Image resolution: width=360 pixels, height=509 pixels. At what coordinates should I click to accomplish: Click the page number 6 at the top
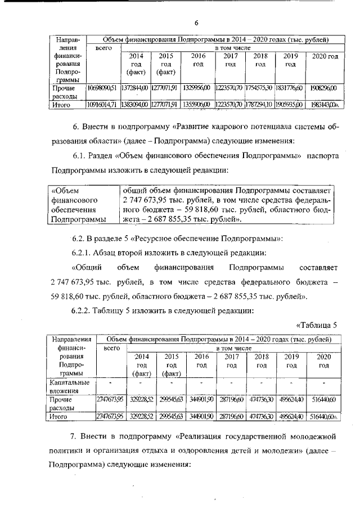(x=197, y=22)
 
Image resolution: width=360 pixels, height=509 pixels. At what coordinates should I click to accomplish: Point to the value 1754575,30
(x=259, y=88)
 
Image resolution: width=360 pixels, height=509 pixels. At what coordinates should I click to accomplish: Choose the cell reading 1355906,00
(x=197, y=105)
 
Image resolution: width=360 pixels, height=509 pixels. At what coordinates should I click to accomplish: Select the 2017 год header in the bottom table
(x=231, y=361)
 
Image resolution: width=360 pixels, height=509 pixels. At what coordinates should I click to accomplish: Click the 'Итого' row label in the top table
(x=61, y=105)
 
